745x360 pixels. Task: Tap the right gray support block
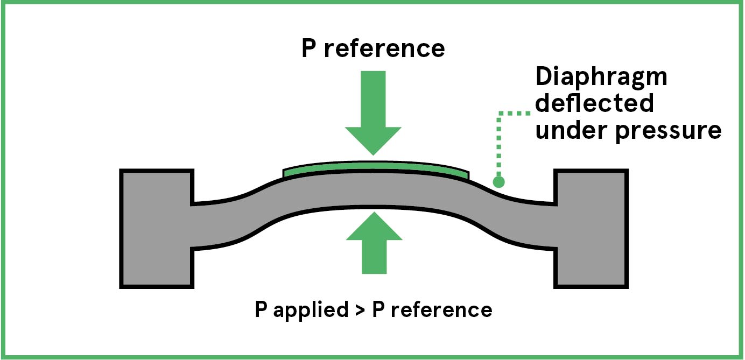point(591,229)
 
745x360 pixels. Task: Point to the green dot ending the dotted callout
point(499,182)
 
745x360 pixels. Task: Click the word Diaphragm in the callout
point(601,78)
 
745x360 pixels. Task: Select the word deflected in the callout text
point(594,103)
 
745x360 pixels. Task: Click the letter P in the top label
point(309,49)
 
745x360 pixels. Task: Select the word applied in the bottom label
point(307,310)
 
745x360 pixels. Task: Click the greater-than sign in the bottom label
point(357,311)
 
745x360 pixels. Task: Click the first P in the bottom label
point(261,310)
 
